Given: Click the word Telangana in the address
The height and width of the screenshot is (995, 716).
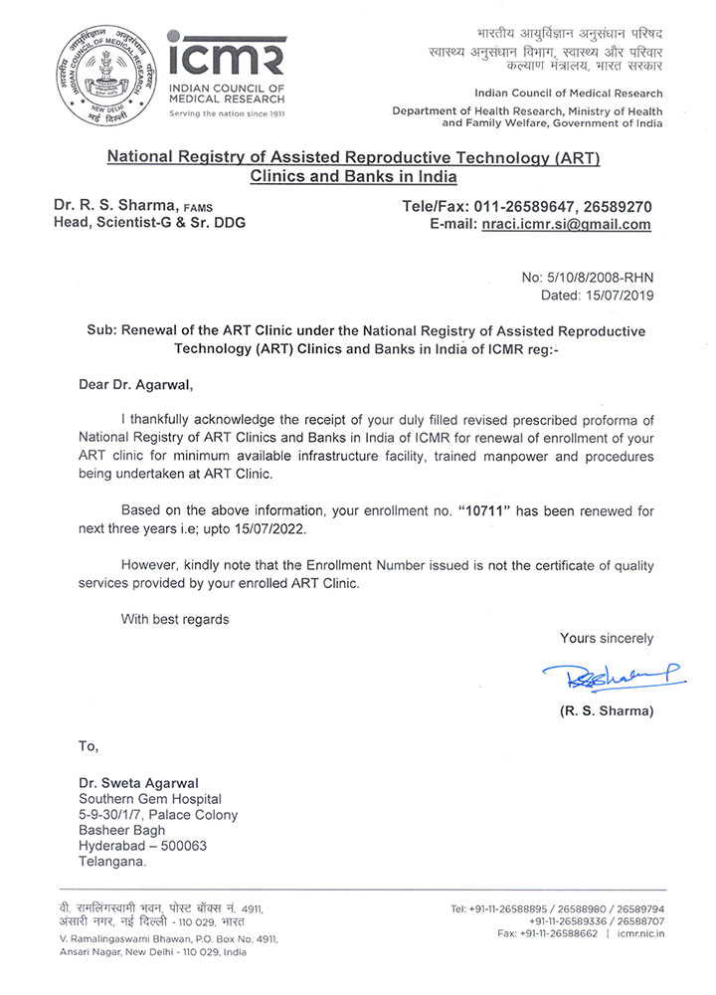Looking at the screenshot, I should point(112,863).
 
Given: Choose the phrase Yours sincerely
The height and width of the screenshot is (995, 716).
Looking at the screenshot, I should point(607,638).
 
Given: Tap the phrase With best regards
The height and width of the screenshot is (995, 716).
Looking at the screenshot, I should point(175,619).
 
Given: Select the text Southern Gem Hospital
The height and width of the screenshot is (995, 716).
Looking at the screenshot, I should point(150,799).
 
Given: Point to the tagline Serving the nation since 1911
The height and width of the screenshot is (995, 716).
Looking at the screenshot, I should point(227,114).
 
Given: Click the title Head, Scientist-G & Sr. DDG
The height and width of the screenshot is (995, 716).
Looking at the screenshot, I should point(149,223).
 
